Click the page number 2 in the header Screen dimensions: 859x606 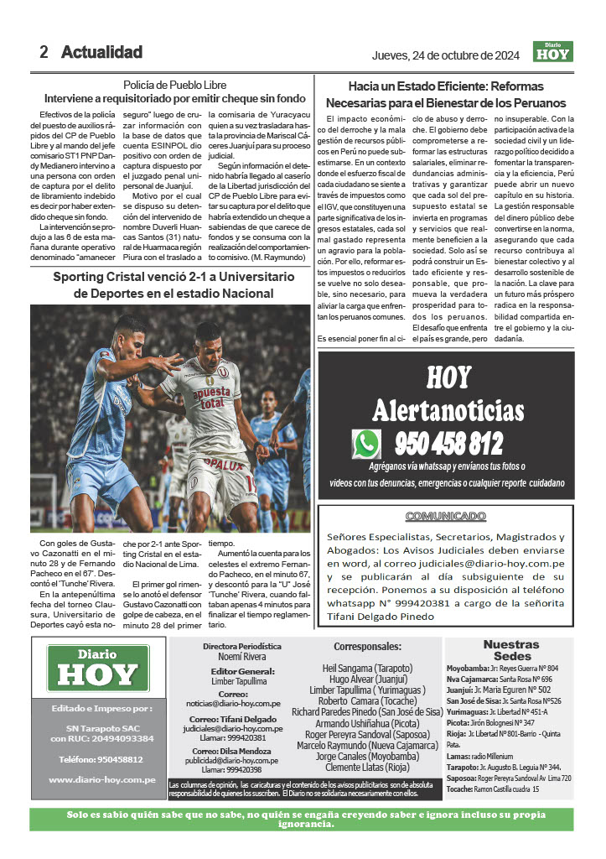coord(44,52)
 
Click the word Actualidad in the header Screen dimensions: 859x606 coord(101,52)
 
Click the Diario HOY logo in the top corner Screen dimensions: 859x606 coord(552,51)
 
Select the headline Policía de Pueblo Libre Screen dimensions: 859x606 coord(174,85)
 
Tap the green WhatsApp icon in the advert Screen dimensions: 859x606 coord(366,443)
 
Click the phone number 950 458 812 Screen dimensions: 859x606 coord(448,443)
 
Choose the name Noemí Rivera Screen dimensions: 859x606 coord(241,657)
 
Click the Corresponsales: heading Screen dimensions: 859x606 coord(367,647)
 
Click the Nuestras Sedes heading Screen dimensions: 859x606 coord(511,649)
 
